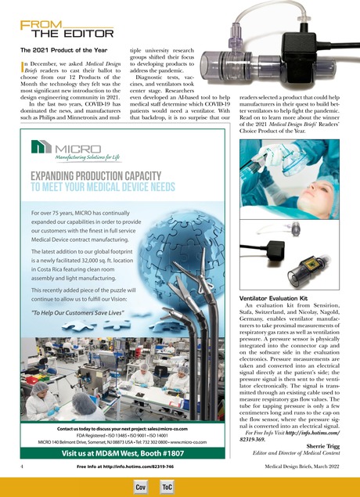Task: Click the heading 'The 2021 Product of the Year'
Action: pyautogui.click(x=53, y=50)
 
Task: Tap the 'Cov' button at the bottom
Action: pyautogui.click(x=142, y=487)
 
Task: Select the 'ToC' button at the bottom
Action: pyautogui.click(x=167, y=487)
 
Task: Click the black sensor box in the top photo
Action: pyautogui.click(x=309, y=46)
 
